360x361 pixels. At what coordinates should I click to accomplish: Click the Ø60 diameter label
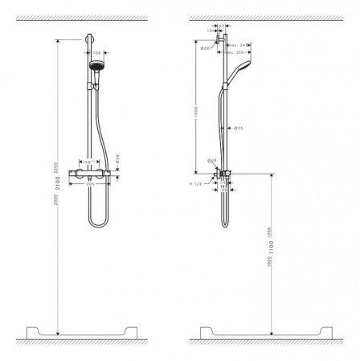pos(207,50)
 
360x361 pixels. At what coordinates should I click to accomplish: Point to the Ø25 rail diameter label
pos(239,128)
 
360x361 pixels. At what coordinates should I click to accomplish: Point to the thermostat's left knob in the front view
pos(73,172)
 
